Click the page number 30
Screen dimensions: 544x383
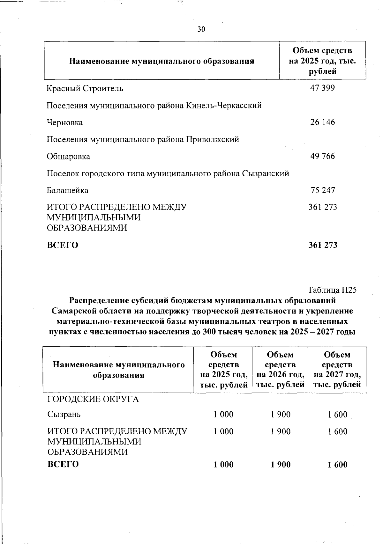(x=201, y=30)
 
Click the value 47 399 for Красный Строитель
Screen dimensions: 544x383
(x=322, y=88)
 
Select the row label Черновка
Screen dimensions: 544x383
(x=65, y=122)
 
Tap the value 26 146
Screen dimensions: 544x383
(x=322, y=122)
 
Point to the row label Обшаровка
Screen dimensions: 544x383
(x=68, y=157)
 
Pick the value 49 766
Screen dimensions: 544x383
(x=322, y=156)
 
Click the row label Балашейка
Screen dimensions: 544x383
(x=68, y=191)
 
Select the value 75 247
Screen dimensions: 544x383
(x=323, y=190)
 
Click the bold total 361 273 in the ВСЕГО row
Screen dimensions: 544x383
(x=323, y=245)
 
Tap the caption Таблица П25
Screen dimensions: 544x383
(x=332, y=290)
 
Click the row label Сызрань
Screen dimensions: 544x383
(x=64, y=415)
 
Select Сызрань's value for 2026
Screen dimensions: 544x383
(x=281, y=415)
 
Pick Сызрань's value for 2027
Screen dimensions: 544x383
(x=337, y=415)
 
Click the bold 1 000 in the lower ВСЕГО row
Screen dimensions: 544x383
(x=223, y=465)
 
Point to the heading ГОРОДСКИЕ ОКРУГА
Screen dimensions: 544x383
(x=93, y=399)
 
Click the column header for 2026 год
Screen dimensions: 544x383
(x=281, y=370)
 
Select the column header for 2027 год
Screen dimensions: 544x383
(x=337, y=370)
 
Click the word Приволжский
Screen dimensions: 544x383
(x=213, y=140)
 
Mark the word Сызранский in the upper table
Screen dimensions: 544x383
(x=266, y=174)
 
